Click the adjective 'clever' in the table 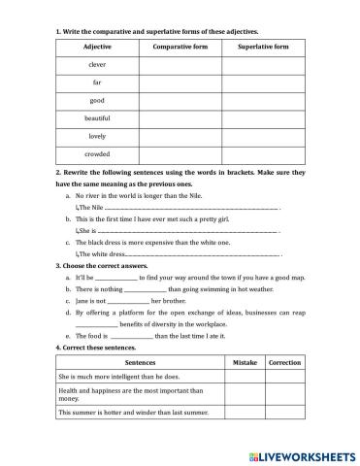pos(97,64)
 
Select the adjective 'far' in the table pos(97,83)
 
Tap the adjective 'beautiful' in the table pos(97,117)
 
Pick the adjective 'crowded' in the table pos(97,153)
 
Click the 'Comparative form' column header pos(180,47)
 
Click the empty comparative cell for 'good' pos(180,100)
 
